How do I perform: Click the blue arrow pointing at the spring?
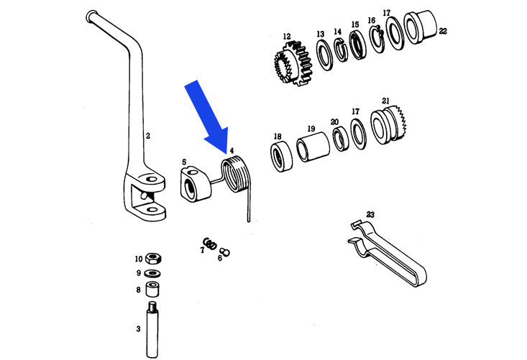point(208,114)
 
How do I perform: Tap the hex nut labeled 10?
point(152,259)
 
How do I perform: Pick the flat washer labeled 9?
point(152,274)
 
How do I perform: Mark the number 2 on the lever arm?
point(147,134)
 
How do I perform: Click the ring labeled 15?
point(356,45)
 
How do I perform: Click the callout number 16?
point(371,20)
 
